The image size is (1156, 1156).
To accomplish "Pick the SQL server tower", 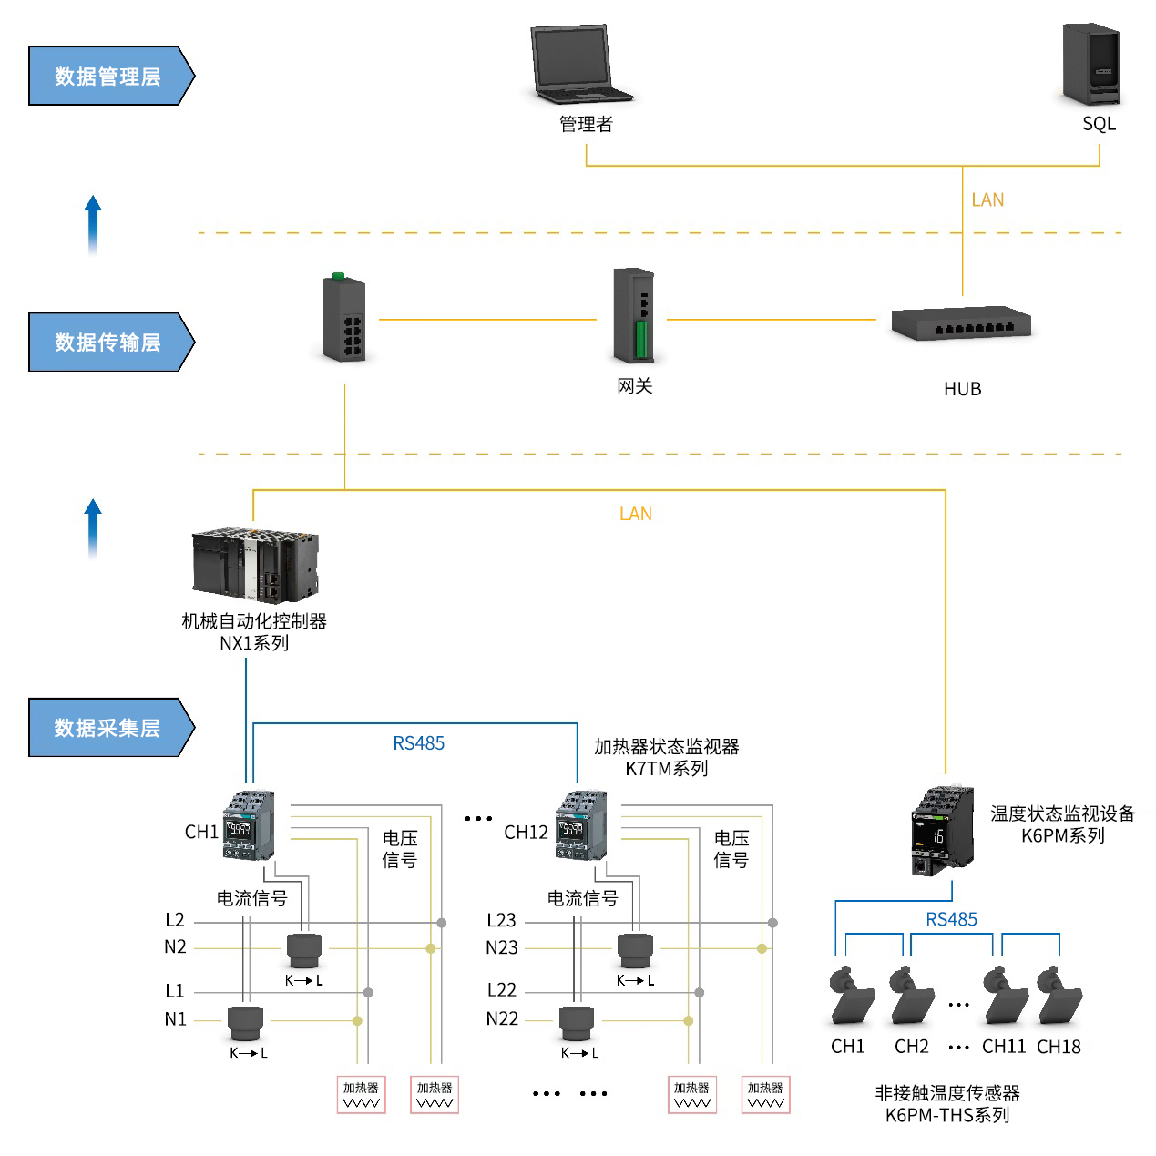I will click(x=1091, y=64).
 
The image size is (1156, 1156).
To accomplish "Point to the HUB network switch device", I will click(x=961, y=323).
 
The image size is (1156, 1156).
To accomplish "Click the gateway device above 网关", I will click(x=634, y=315).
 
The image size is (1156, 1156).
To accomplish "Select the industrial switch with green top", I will click(x=344, y=319).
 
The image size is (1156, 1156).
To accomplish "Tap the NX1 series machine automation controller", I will click(x=255, y=564).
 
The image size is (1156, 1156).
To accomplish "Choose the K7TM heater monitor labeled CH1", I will click(x=248, y=825).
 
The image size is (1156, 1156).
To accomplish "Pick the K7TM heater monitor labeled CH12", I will click(x=580, y=825).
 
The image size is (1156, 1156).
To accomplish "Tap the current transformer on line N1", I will click(x=245, y=1023).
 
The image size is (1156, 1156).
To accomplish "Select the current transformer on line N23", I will click(x=635, y=951).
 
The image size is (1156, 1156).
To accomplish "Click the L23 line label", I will click(x=501, y=921).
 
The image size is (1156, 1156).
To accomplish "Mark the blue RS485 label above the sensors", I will click(x=951, y=919).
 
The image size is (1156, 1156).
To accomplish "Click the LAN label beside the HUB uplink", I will click(x=987, y=199).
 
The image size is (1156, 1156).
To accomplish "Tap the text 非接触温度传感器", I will click(x=947, y=1092).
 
